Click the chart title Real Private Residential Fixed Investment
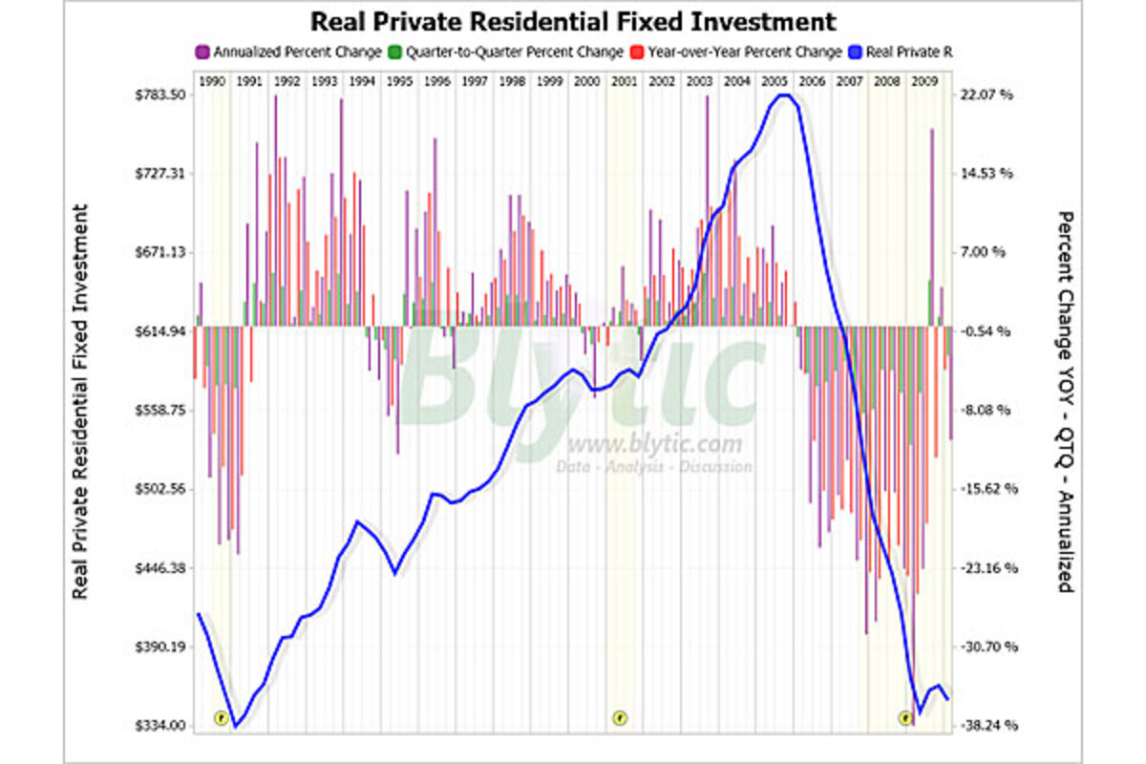(x=573, y=21)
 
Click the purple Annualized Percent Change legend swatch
(x=202, y=52)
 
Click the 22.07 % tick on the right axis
(x=987, y=95)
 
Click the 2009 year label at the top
(x=923, y=82)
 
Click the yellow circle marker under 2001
(x=620, y=717)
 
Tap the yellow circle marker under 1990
(x=221, y=717)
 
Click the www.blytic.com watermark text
(x=654, y=444)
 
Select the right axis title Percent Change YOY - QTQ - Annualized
(x=1065, y=401)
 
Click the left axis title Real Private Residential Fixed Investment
(x=81, y=401)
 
